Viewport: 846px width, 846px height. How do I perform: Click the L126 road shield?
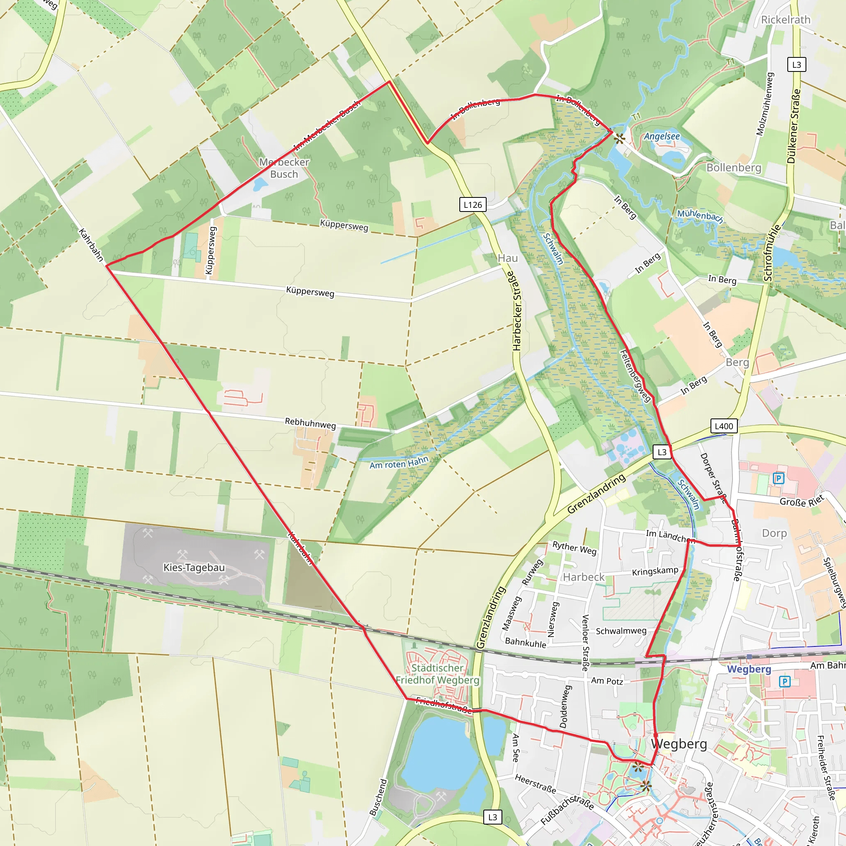[x=473, y=204]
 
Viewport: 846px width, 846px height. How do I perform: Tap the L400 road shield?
[x=723, y=426]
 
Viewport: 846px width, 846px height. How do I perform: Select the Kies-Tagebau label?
[x=194, y=568]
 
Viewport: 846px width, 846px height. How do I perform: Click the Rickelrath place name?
[x=786, y=20]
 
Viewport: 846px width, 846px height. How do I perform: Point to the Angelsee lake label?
[x=662, y=136]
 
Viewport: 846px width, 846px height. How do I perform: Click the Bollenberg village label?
[x=734, y=168]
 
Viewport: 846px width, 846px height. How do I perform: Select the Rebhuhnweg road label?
[x=310, y=423]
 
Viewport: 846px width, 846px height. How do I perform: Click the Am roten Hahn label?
[x=399, y=463]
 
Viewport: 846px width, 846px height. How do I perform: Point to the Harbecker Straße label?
[x=517, y=311]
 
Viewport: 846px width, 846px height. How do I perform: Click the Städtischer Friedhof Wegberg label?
[x=437, y=674]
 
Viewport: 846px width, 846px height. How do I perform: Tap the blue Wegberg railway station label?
[x=749, y=669]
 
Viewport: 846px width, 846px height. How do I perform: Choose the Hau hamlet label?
[x=508, y=258]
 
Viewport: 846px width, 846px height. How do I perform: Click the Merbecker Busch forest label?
[x=284, y=168]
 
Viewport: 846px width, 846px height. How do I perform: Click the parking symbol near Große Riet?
[x=778, y=478]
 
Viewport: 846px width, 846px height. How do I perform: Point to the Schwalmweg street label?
[x=620, y=631]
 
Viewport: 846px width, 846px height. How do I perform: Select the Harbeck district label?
[x=583, y=577]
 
